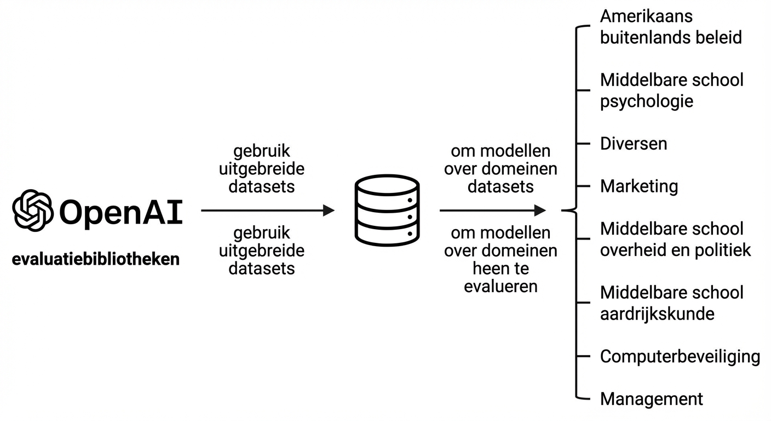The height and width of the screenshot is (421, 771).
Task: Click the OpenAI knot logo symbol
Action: pos(33,210)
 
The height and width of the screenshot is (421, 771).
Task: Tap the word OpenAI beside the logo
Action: pos(120,212)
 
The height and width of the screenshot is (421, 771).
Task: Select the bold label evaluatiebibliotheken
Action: pos(96,259)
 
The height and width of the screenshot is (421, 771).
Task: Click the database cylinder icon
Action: pos(387,210)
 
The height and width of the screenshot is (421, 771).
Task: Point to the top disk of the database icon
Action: pos(387,185)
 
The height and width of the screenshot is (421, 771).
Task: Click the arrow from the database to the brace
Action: pos(493,210)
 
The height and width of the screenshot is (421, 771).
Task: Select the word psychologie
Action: pos(647,101)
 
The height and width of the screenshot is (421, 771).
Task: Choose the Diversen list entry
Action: pos(634,144)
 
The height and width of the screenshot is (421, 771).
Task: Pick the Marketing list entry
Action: pos(639,186)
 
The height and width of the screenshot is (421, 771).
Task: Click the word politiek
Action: pos(724,250)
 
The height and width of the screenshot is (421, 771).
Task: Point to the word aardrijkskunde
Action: pos(657,314)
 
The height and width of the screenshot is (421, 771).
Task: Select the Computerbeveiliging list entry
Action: pos(680,356)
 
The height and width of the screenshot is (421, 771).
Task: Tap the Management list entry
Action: pos(652,399)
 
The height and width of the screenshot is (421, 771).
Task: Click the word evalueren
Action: pos(500,286)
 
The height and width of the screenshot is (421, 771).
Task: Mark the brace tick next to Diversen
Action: pos(584,144)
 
